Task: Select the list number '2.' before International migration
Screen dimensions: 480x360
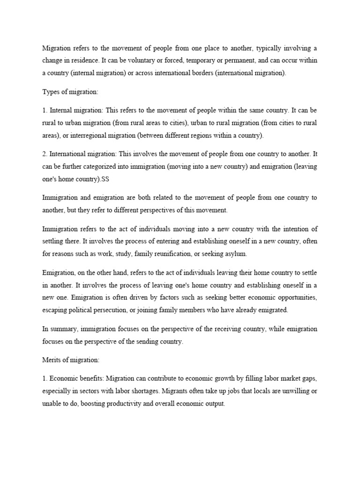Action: coord(45,154)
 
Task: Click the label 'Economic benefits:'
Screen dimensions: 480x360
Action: coord(76,379)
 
